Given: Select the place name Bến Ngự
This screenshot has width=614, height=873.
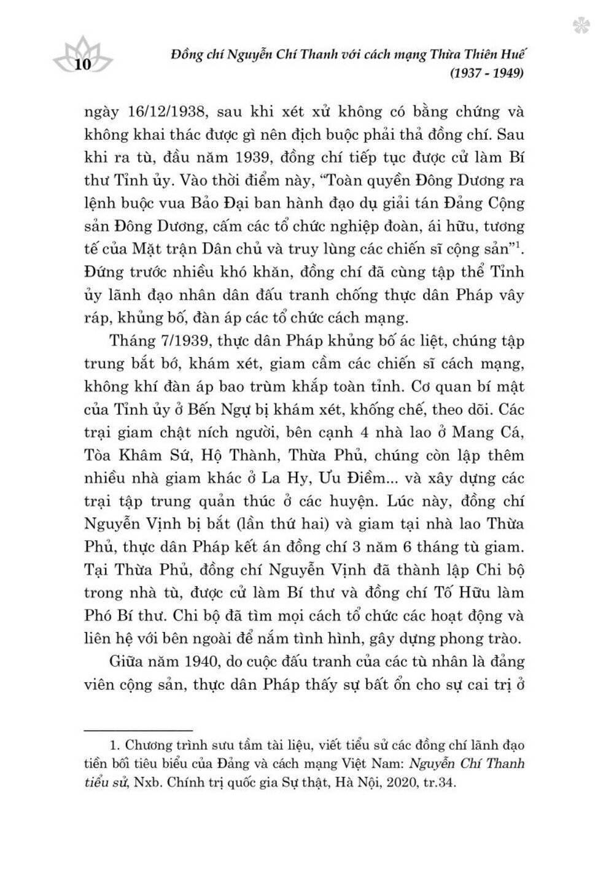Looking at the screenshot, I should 266,409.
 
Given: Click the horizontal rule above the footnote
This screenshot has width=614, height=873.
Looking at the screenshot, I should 138,730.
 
